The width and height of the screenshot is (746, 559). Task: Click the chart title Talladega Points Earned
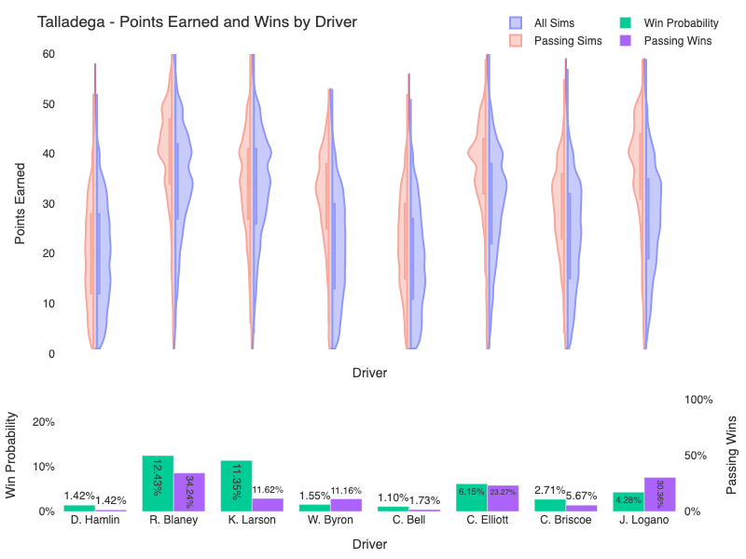point(197,21)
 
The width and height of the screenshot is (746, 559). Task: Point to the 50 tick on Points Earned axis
point(47,103)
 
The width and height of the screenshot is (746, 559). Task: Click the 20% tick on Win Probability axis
point(44,421)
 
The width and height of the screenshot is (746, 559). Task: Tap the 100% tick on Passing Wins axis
point(699,400)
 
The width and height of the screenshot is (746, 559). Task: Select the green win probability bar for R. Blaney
point(158,483)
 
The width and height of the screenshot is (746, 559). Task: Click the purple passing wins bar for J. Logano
point(659,494)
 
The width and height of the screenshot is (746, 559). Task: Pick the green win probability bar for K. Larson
point(236,485)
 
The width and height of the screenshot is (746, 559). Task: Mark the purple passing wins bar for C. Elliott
point(503,498)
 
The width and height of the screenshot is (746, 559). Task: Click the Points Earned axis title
point(21,204)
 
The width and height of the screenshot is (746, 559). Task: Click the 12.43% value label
point(158,478)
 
